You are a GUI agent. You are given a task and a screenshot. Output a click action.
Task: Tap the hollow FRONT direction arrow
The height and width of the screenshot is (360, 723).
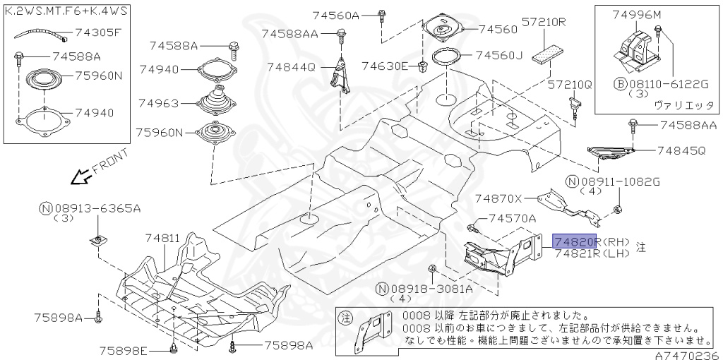83,175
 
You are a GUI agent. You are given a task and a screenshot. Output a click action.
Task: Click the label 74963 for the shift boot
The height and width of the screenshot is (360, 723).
158,102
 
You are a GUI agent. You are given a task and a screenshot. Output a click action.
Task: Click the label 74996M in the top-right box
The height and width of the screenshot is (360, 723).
637,14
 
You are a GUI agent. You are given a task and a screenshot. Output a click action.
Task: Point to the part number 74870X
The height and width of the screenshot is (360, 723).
498,199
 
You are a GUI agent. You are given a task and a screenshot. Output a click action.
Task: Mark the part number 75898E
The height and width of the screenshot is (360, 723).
123,350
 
